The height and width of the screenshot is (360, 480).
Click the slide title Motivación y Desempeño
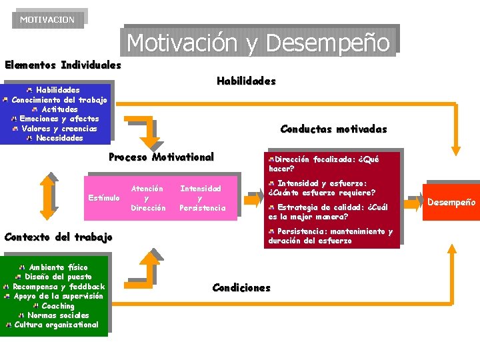coord(259,42)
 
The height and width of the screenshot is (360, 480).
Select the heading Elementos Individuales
coord(63,65)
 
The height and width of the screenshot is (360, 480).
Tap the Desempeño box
coord(451,202)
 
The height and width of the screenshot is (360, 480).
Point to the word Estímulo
coord(104,198)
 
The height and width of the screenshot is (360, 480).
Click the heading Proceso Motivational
coord(161,157)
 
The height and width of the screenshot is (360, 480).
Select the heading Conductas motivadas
coord(333,129)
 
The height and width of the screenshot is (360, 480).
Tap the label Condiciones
coord(241,288)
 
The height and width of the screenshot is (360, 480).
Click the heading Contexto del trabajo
coord(59,237)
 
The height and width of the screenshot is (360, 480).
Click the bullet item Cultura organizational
coord(57,325)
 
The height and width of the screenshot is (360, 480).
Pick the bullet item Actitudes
coord(59,109)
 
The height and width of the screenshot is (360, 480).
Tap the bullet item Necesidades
coord(59,138)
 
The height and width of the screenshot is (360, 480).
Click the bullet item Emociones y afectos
coord(59,119)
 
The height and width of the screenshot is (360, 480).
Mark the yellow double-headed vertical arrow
coord(47,195)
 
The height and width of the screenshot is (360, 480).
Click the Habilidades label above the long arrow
coord(246,81)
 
